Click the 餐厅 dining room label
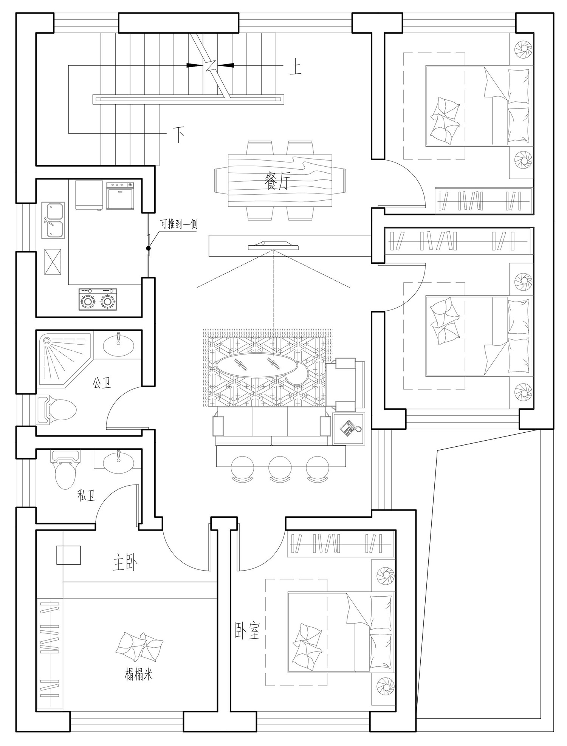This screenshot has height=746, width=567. click(x=278, y=180)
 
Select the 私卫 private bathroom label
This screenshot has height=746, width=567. click(x=86, y=495)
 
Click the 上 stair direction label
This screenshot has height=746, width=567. click(x=295, y=68)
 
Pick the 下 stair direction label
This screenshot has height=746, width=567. click(x=179, y=135)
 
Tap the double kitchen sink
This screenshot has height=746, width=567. click(x=53, y=220)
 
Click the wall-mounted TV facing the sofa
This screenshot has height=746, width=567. click(x=273, y=246)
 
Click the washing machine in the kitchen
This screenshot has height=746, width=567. click(x=120, y=195)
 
